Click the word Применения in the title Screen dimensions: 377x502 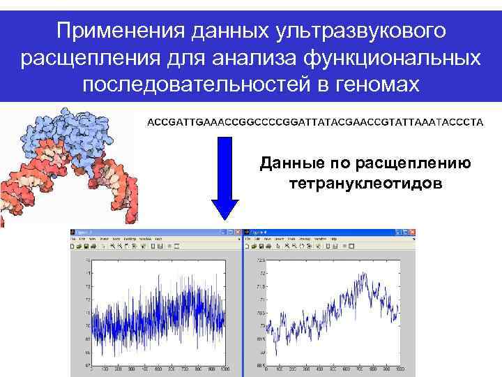[114, 31]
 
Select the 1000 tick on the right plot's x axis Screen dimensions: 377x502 [398, 368]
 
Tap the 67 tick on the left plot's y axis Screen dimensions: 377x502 [88, 364]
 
